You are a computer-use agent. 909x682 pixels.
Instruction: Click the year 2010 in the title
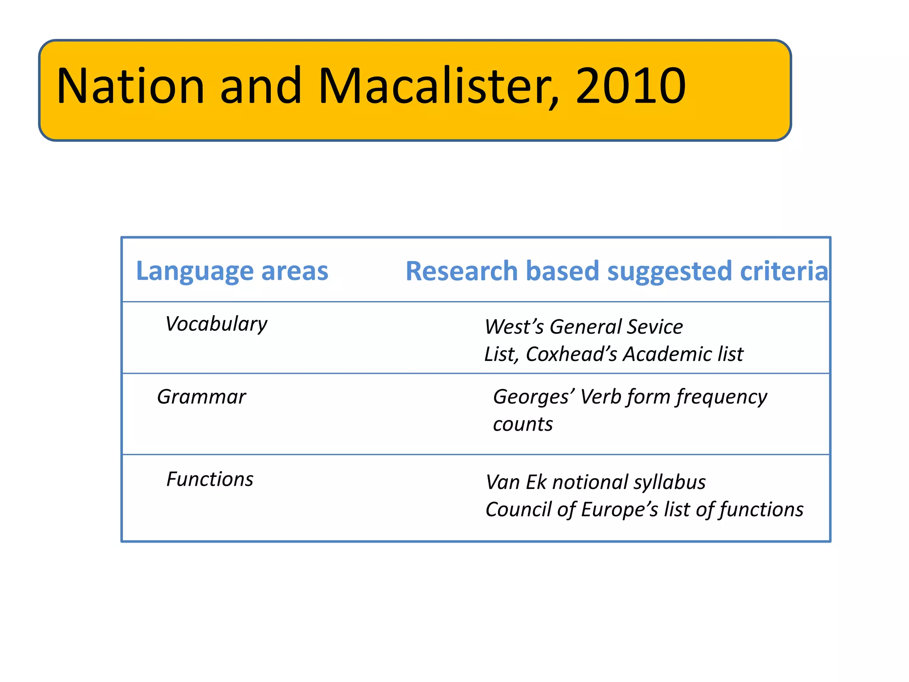631,86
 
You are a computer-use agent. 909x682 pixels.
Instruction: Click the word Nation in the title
130,86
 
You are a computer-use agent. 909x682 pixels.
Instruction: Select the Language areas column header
232,271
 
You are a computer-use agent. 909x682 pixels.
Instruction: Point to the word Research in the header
462,271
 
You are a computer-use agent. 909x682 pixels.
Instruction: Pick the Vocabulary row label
216,324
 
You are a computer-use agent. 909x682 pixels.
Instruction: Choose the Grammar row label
201,397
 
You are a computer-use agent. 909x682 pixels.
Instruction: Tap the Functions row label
209,479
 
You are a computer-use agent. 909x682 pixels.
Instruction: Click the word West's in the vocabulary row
514,327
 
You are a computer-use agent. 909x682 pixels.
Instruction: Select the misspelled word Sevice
655,327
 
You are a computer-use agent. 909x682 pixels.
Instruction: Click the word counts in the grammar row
523,424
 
